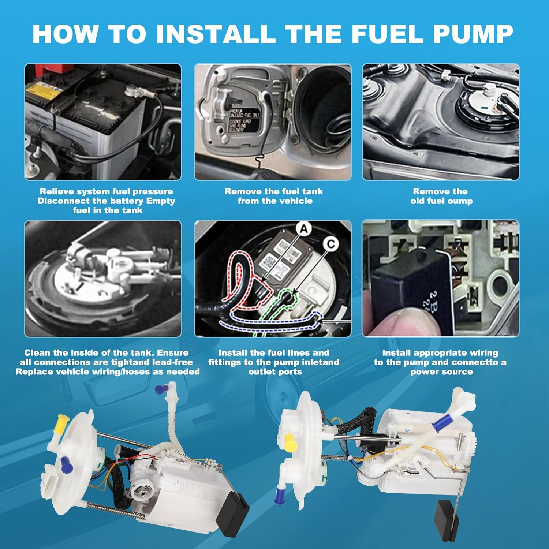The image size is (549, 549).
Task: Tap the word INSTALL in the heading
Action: [x=216, y=34]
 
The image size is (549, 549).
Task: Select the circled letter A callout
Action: [x=304, y=229]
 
